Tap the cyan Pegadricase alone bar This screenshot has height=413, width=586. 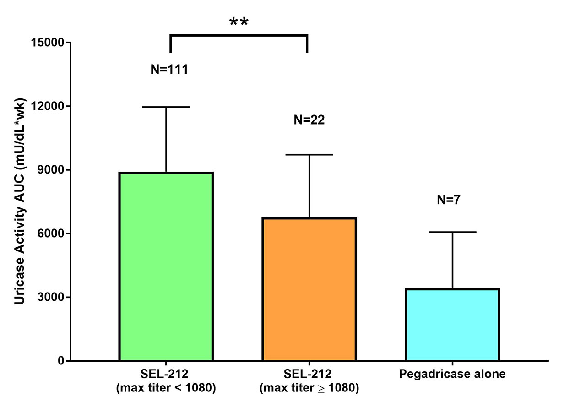click(x=452, y=325)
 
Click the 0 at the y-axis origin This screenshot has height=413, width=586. click(x=60, y=361)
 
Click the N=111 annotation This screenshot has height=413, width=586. click(x=169, y=70)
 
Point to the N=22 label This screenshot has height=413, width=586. click(x=309, y=120)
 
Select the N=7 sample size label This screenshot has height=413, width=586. click(x=452, y=200)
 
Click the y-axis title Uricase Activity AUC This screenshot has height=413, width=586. click(x=19, y=201)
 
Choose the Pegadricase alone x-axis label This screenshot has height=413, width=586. click(x=452, y=374)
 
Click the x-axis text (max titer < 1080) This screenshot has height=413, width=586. click(x=166, y=388)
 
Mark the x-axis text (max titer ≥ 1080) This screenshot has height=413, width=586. click(x=309, y=388)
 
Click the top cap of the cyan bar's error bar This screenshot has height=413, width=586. click(x=452, y=232)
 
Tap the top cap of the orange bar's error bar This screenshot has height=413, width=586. click(x=309, y=155)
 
